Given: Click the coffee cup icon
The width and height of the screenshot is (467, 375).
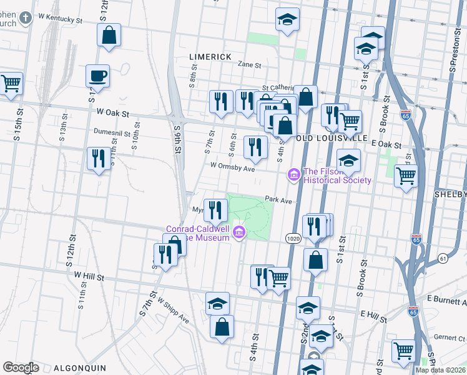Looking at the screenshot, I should (98, 77).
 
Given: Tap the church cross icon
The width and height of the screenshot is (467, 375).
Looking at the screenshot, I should (26, 17).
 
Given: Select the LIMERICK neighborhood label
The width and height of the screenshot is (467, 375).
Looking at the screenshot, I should (210, 57).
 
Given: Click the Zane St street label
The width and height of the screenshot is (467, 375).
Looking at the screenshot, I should (248, 64).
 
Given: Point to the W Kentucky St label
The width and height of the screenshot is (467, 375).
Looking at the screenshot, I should (61, 20).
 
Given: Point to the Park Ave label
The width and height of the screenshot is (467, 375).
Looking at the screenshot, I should (278, 200).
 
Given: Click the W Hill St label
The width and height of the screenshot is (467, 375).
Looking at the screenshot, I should (91, 274).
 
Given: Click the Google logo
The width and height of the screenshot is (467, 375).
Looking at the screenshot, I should (21, 367).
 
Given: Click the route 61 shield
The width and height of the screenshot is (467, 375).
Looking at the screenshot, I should (443, 257).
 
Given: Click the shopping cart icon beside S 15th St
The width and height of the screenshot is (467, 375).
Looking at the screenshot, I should (11, 83).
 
